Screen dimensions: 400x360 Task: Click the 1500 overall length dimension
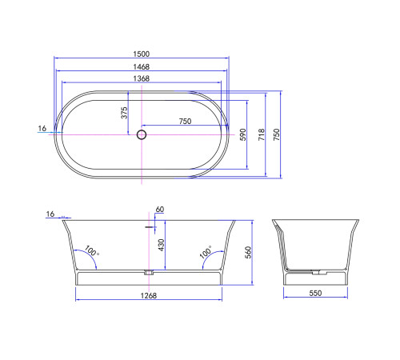142,54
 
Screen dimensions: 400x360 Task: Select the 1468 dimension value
142,66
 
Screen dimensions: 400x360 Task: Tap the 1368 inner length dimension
142,78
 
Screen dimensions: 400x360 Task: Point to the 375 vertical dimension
124,113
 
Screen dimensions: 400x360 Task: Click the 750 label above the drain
185,122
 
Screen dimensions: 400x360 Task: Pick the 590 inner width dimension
243,134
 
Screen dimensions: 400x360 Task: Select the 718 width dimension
262,134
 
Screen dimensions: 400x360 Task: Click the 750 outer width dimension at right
277,134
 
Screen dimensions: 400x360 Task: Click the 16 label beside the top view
42,128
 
